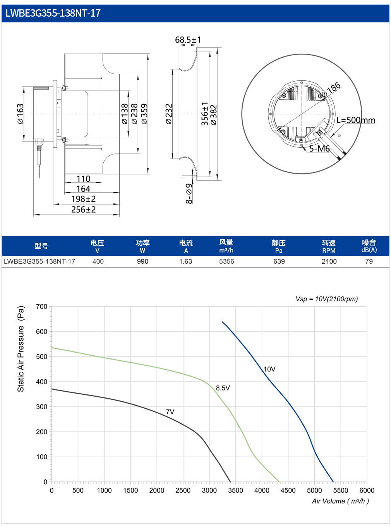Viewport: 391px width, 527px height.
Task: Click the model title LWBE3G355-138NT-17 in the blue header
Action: pos(53,13)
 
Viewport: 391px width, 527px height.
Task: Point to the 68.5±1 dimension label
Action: pos(188,40)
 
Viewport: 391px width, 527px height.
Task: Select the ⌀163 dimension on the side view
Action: pos(21,114)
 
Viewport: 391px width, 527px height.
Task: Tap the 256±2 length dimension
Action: pos(84,210)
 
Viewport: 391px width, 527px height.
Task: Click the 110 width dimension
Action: pos(83,179)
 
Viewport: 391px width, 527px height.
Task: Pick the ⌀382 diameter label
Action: pos(214,115)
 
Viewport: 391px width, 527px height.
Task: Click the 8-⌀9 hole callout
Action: pos(189,193)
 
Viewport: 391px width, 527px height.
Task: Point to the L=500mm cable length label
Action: pos(356,120)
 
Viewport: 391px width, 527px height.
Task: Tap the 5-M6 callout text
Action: pos(319,148)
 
